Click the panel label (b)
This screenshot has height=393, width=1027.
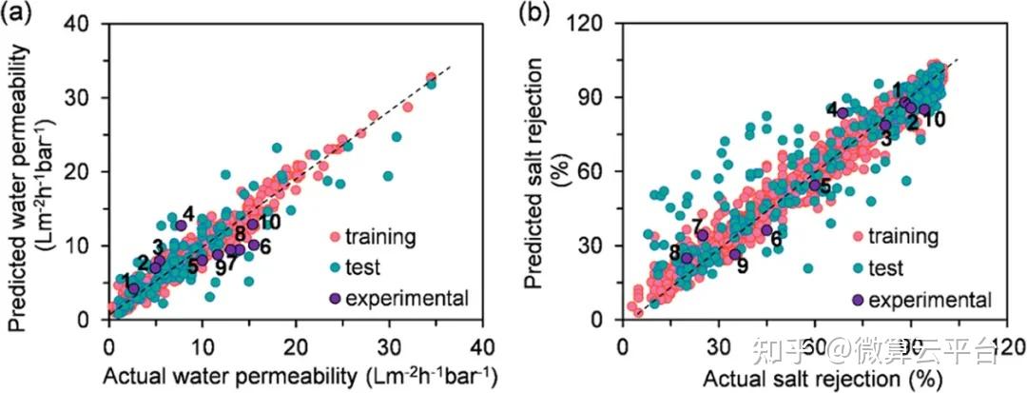coord(532,13)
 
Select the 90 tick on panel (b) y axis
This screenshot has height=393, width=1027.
coord(600,98)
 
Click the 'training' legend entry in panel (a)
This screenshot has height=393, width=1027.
coord(380,236)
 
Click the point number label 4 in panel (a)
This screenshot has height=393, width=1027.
coord(188,213)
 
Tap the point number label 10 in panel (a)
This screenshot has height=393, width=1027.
coord(269,223)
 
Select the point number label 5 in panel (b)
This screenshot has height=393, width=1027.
coord(824,186)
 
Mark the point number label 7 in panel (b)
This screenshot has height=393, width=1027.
coord(698,226)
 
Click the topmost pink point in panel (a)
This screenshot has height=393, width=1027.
coord(431,77)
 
